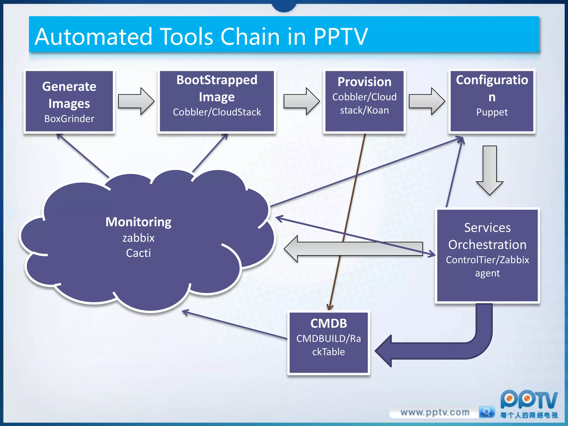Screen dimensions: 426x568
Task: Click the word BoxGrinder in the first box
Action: pyautogui.click(x=69, y=119)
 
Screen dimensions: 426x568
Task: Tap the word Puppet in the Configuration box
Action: pyautogui.click(x=492, y=112)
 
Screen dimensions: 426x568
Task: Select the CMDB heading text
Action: pyautogui.click(x=328, y=323)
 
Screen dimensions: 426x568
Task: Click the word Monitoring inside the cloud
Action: pyautogui.click(x=138, y=222)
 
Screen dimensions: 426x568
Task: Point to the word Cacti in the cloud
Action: pyautogui.click(x=138, y=253)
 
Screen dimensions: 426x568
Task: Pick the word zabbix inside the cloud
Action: pyautogui.click(x=138, y=238)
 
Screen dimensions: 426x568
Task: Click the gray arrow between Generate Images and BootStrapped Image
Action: pyautogui.click(x=136, y=101)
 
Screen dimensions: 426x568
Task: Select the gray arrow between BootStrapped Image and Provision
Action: pyautogui.click(x=301, y=101)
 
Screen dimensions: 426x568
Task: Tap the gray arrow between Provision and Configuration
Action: pyautogui.click(x=427, y=101)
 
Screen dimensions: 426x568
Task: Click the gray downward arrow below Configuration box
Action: pyautogui.click(x=490, y=169)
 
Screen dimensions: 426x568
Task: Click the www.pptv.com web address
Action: pyautogui.click(x=435, y=412)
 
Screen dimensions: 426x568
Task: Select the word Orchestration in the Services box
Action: pyautogui.click(x=487, y=245)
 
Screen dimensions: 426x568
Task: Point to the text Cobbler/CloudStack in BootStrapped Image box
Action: pyautogui.click(x=217, y=112)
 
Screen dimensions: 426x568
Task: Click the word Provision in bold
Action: pyautogui.click(x=364, y=82)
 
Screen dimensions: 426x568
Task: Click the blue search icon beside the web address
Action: pyautogui.click(x=486, y=412)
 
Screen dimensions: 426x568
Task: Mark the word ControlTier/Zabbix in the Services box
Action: pyautogui.click(x=487, y=260)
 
